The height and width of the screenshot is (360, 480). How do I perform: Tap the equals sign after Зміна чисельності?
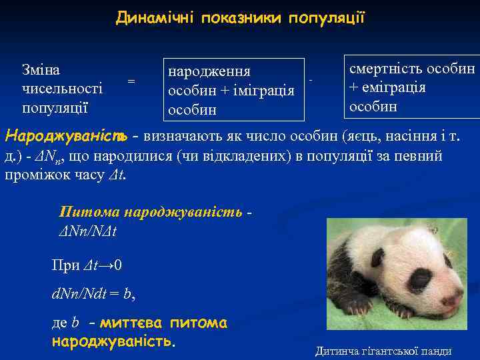pos(131,81)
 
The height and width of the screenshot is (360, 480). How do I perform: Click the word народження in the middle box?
pos(209,71)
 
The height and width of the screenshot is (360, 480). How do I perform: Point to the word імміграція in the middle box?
pos(261,90)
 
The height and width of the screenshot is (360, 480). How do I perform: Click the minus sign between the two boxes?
pos(311,81)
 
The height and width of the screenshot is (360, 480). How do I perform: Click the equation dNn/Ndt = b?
pos(93,292)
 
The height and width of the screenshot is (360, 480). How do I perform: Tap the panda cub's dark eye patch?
pos(419,281)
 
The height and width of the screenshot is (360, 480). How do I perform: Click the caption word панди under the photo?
pos(436,351)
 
